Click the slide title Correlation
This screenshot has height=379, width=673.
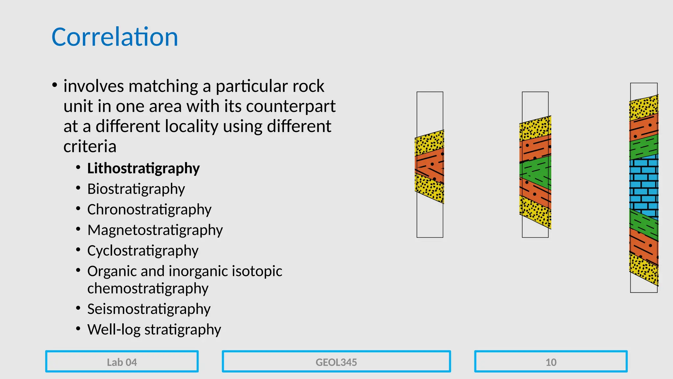click(x=115, y=37)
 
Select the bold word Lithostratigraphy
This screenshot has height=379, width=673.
click(x=143, y=168)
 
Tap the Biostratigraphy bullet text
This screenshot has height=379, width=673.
click(x=136, y=189)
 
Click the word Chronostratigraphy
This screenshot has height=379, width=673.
click(x=149, y=210)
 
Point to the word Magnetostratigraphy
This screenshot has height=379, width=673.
click(x=155, y=230)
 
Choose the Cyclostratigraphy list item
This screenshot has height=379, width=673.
click(x=143, y=251)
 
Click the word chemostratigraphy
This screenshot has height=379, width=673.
click(x=148, y=289)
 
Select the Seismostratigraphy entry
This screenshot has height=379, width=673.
click(x=149, y=309)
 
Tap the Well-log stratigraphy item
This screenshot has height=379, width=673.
click(x=154, y=330)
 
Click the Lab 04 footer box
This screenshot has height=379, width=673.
click(x=122, y=362)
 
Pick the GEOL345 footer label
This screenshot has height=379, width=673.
click(x=336, y=362)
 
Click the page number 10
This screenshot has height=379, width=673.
click(x=551, y=362)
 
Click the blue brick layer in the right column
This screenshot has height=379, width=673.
click(x=644, y=184)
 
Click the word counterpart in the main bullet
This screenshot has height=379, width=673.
click(x=290, y=106)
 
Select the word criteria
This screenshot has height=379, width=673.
click(x=90, y=146)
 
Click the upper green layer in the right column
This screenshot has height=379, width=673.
click(x=644, y=147)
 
